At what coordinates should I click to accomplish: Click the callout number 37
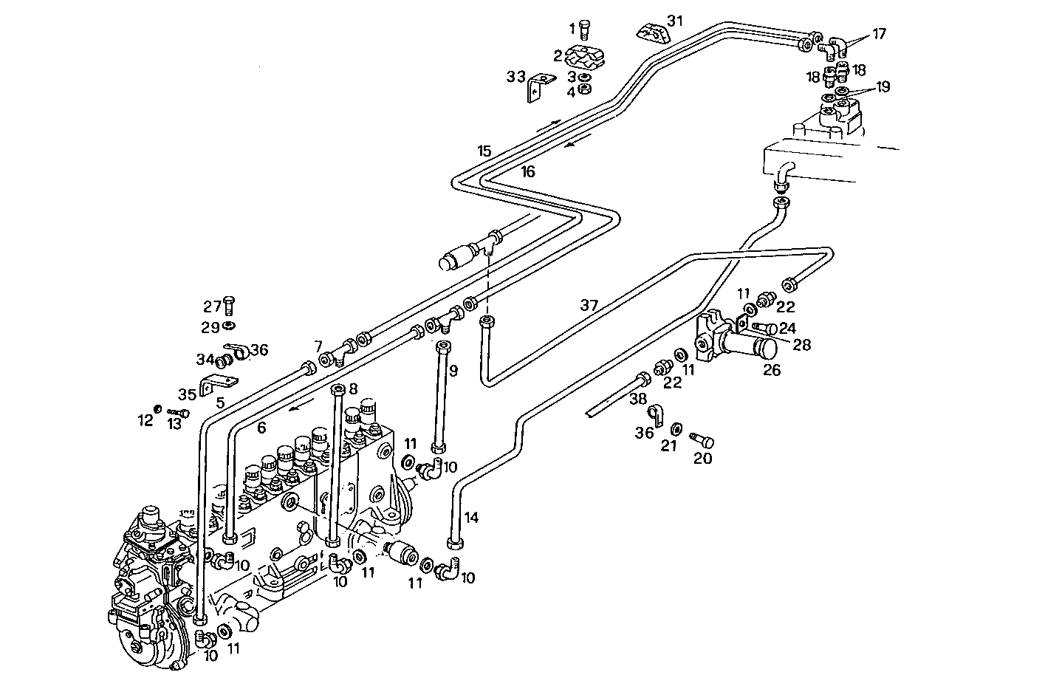(589, 304)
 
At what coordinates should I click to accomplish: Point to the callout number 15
(484, 151)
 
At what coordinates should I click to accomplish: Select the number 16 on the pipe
(527, 172)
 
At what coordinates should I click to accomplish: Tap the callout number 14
(472, 518)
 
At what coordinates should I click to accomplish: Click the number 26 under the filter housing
(772, 370)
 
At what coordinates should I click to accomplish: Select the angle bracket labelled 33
(539, 89)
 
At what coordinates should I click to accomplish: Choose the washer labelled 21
(676, 428)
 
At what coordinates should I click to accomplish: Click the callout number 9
(453, 370)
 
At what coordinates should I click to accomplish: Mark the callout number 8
(353, 388)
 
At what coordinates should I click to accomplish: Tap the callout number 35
(186, 395)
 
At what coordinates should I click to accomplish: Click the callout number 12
(145, 421)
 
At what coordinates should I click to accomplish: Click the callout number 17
(878, 33)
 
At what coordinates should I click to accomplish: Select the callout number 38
(638, 400)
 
